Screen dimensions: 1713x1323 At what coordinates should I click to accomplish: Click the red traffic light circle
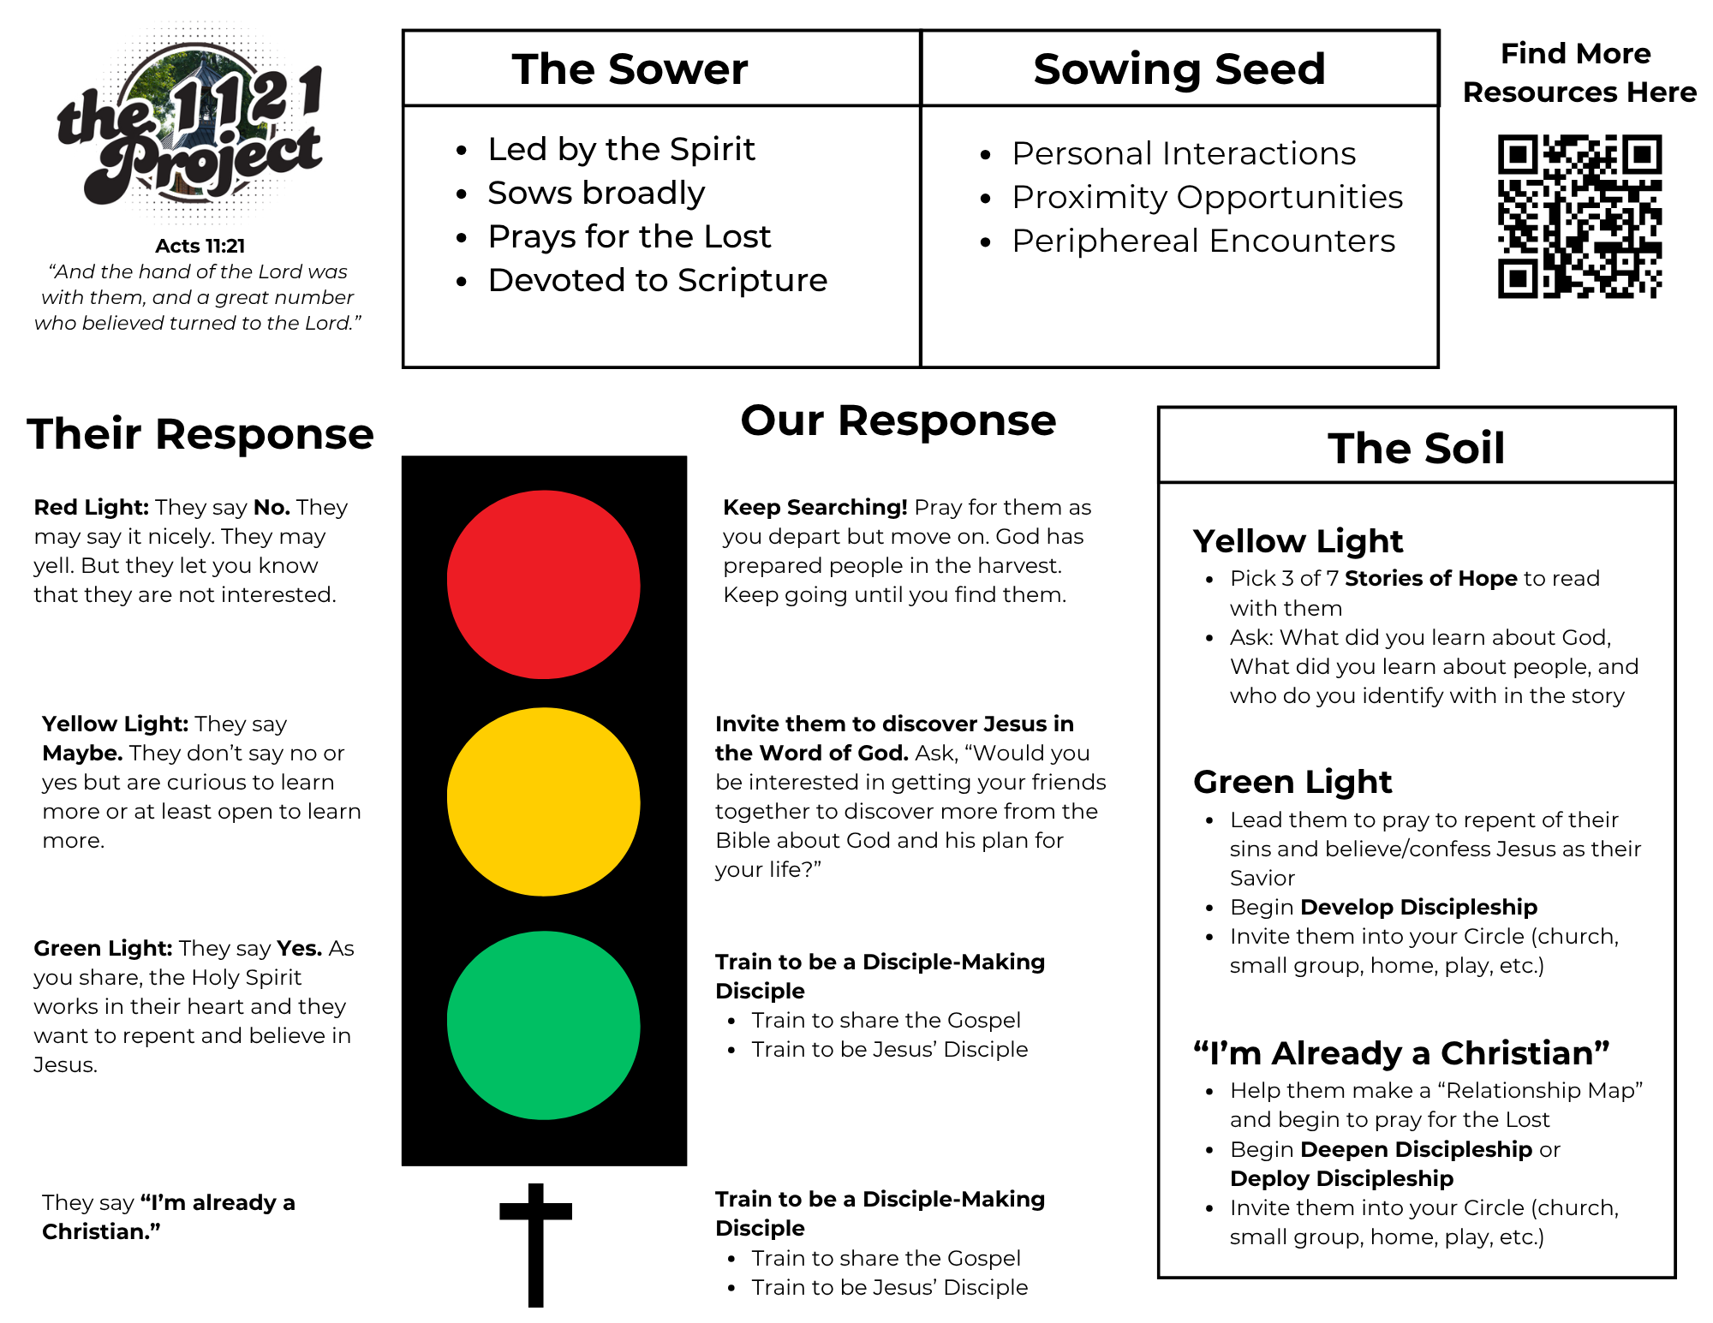[543, 584]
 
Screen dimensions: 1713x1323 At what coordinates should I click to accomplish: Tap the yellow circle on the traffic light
[543, 802]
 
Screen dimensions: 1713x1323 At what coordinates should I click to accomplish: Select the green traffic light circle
[543, 1025]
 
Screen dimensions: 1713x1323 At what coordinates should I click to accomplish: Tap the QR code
[1579, 216]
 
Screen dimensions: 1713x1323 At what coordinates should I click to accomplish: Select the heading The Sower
[630, 69]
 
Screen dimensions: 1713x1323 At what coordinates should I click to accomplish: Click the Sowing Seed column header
[1179, 69]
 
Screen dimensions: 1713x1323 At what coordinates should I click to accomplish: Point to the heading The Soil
[1416, 448]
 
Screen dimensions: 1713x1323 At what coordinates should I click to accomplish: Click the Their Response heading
[200, 434]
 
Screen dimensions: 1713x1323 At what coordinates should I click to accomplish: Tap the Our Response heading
[898, 420]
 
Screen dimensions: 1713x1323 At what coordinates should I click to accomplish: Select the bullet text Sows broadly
[596, 194]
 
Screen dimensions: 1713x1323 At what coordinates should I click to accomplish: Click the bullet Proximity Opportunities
[1207, 198]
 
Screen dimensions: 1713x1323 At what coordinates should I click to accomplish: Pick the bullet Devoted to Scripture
[657, 281]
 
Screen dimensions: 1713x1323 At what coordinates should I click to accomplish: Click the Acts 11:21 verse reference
[200, 247]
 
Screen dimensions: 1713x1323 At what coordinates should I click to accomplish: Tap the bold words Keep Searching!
[815, 507]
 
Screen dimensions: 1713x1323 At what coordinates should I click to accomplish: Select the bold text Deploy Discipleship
[1341, 1179]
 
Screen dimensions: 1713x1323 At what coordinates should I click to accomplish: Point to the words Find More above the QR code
[1575, 54]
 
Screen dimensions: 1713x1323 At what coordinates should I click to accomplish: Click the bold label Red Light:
[92, 507]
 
